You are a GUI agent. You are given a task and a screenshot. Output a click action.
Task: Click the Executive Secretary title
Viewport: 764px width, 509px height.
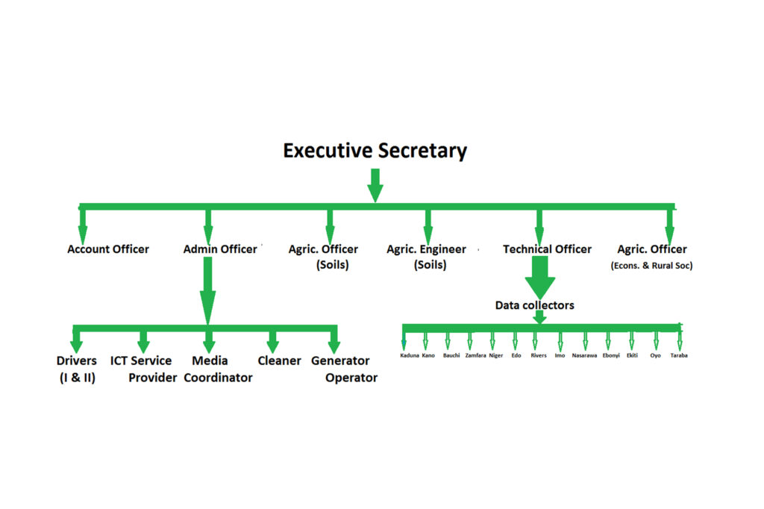[375, 151]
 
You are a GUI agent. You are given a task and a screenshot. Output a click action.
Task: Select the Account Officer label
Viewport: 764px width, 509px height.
[108, 249]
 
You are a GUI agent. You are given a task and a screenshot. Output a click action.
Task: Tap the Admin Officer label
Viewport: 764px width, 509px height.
[220, 249]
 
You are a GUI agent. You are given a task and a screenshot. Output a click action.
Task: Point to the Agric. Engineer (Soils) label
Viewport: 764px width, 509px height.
[426, 257]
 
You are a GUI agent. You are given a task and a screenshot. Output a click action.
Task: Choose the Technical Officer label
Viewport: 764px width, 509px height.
[547, 249]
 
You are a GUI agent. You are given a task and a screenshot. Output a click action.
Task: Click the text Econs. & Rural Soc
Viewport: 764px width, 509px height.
[651, 266]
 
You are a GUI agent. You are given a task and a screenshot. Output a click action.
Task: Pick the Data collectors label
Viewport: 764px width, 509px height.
[534, 305]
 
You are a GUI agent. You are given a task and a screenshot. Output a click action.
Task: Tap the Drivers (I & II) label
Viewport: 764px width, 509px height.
[77, 369]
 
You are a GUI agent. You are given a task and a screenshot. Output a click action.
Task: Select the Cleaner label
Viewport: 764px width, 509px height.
[279, 361]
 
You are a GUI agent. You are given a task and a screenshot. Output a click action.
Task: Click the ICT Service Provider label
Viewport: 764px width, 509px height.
[143, 369]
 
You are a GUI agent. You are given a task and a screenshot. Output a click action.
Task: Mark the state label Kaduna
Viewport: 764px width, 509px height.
[410, 356]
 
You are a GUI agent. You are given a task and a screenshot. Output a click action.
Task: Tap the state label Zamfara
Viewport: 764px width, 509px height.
[475, 356]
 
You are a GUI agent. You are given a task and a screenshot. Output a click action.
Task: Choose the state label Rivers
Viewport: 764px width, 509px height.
[539, 356]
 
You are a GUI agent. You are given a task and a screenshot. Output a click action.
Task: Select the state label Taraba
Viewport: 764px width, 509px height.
[678, 356]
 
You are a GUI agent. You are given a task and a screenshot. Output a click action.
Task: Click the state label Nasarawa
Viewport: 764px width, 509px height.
[584, 356]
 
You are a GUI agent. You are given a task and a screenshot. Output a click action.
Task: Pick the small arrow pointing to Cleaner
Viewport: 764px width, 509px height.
[272, 341]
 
